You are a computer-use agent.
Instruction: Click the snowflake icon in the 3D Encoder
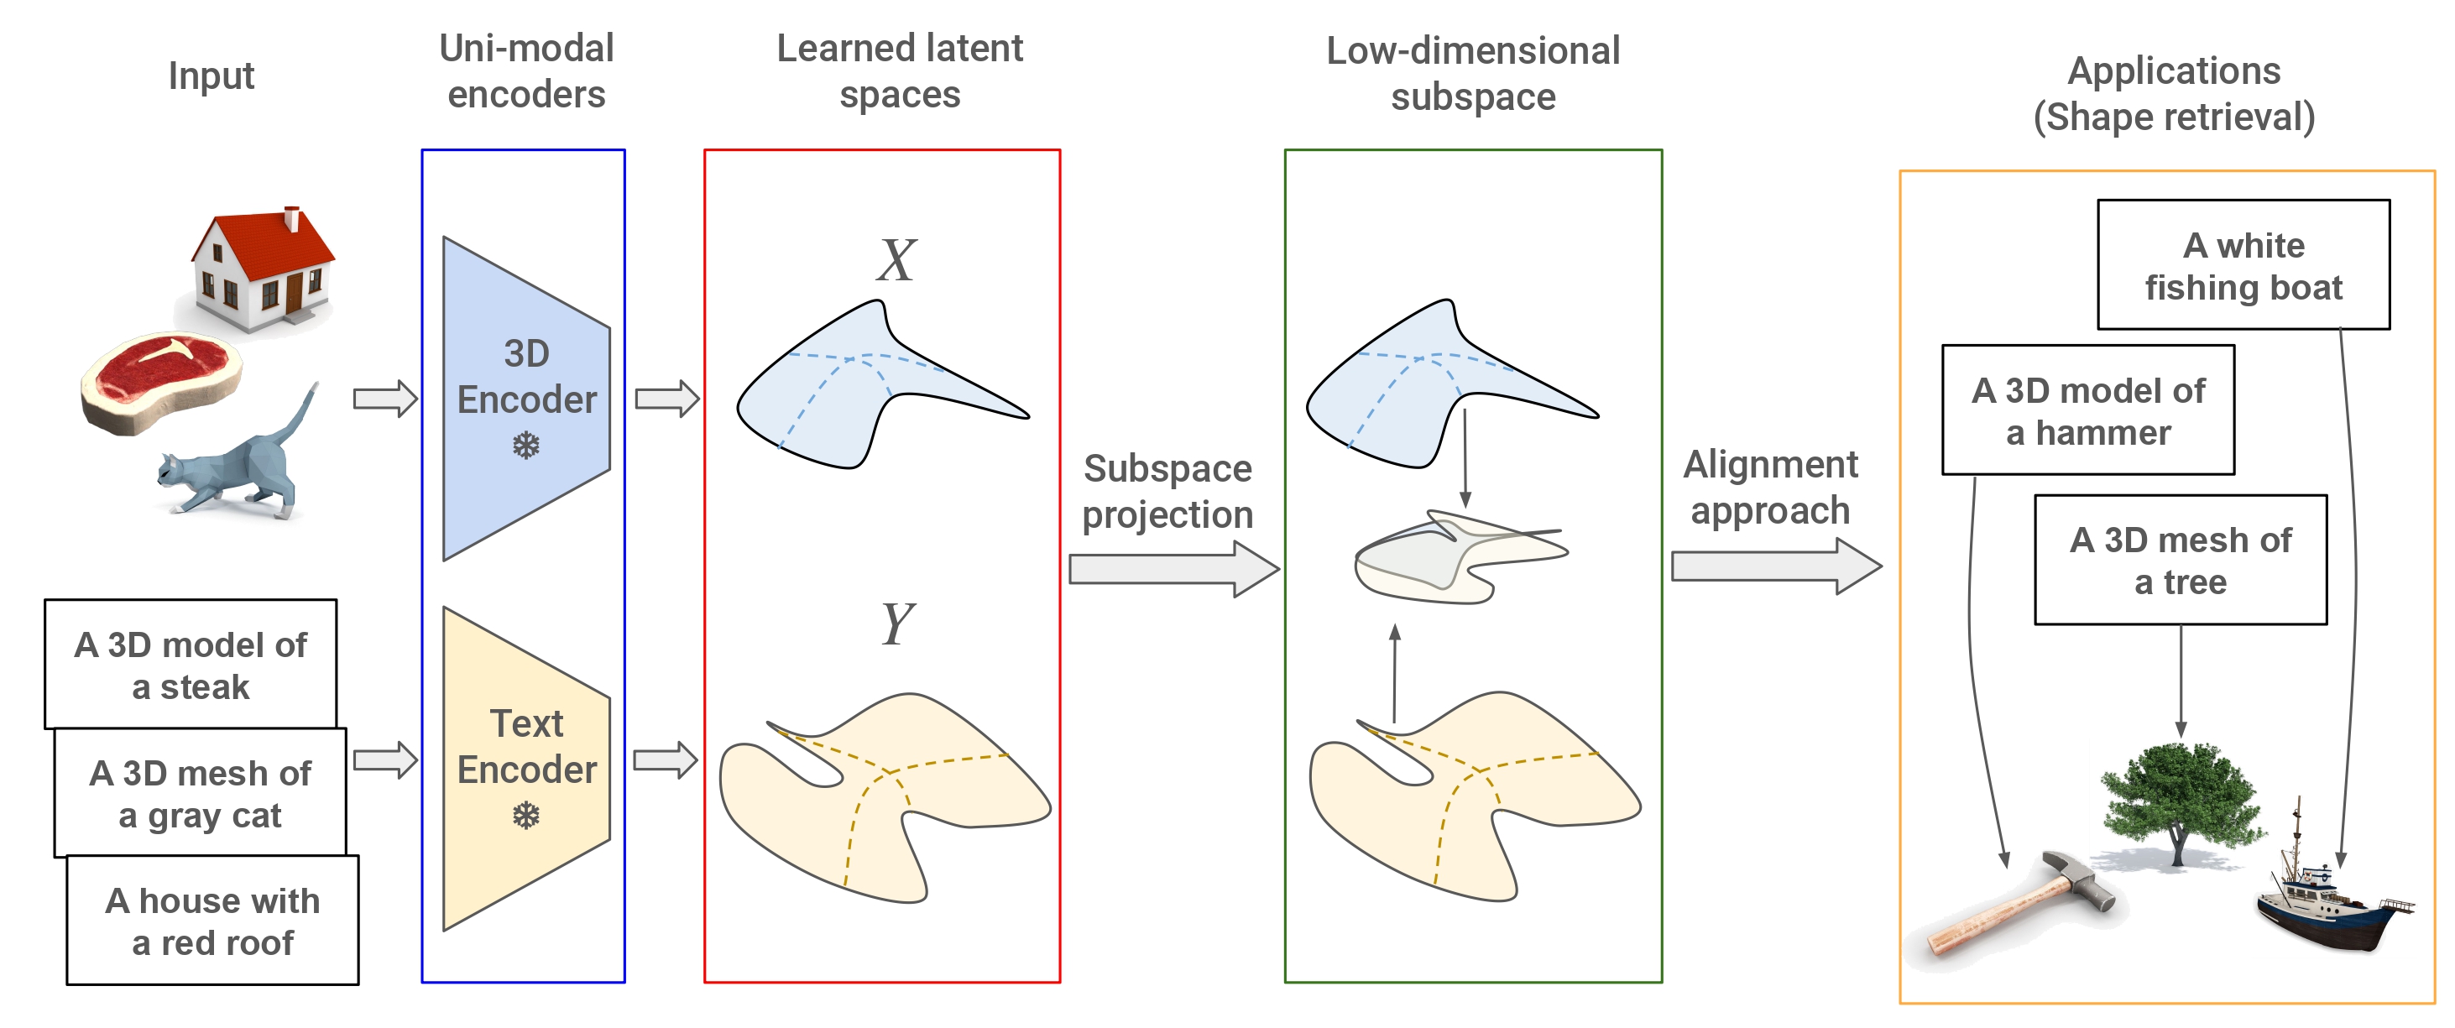[x=526, y=445]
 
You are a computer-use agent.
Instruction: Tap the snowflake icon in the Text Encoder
[x=526, y=816]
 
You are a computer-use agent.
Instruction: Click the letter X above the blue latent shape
[x=896, y=260]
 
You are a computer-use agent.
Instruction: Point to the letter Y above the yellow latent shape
[x=896, y=624]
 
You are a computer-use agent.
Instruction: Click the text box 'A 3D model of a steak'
[x=191, y=664]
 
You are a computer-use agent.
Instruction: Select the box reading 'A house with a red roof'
[x=212, y=921]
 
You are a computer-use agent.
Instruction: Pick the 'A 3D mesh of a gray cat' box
[x=200, y=793]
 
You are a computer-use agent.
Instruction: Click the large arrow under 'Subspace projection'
[x=1173, y=569]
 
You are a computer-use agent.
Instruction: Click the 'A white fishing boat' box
[x=2243, y=265]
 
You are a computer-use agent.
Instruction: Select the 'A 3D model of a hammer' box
[x=2088, y=410]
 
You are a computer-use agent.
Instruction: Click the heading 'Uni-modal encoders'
[x=526, y=71]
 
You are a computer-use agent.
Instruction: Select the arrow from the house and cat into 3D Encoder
[x=385, y=399]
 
